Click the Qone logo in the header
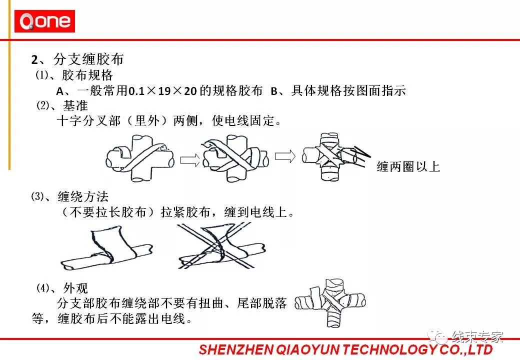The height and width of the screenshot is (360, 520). point(44,22)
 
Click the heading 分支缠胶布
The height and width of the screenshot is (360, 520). point(88,60)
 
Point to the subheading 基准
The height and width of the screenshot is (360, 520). point(75,106)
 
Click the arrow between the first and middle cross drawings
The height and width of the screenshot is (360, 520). point(189,159)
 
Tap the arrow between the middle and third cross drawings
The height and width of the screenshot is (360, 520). point(285,156)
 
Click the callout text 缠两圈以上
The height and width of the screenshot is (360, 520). point(408,167)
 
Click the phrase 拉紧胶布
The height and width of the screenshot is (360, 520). point(183,212)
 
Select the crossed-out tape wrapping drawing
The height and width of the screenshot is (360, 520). point(220,245)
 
